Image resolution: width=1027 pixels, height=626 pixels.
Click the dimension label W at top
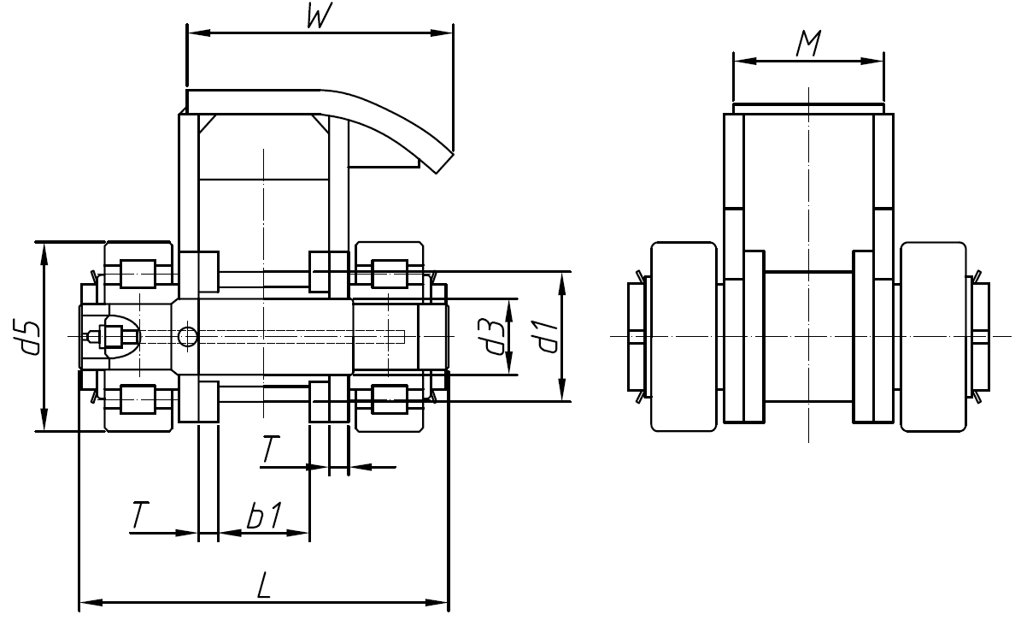pos(318,18)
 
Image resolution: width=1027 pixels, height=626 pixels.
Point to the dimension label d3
pos(490,337)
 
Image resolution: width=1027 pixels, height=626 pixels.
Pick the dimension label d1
pos(544,337)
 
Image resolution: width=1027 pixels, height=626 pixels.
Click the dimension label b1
pos(264,517)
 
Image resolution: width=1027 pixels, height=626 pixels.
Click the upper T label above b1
pos(270,451)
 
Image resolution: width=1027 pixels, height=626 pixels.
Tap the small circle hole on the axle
pos(187,337)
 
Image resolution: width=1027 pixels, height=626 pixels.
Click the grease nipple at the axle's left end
pos(96,336)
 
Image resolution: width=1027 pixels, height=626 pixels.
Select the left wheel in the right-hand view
pos(684,336)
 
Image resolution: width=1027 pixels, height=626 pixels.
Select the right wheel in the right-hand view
pos(934,336)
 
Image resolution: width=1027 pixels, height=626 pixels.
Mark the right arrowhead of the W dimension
pos(447,34)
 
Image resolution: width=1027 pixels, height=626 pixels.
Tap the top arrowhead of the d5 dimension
pos(42,247)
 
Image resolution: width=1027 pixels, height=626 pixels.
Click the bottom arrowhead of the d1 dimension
pos(562,395)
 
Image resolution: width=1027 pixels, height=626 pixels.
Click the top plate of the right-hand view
pos(807,108)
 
